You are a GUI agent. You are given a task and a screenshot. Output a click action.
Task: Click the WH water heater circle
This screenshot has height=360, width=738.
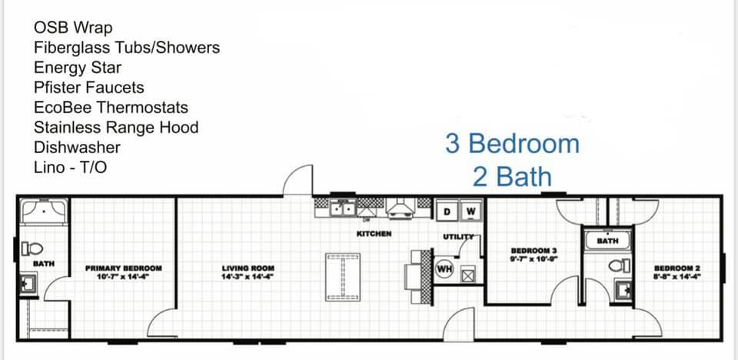click(x=443, y=270)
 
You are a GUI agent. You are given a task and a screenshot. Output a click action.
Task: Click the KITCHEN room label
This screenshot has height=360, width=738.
click(x=374, y=234)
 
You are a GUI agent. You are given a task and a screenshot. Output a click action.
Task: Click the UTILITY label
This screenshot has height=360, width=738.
click(x=458, y=237)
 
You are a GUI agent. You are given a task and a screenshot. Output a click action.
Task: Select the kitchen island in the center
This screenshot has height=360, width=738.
click(x=343, y=277)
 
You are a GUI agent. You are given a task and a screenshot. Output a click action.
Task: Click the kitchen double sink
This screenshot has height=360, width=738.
click(x=343, y=208)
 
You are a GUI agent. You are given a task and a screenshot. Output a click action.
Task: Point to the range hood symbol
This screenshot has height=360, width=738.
click(x=400, y=208)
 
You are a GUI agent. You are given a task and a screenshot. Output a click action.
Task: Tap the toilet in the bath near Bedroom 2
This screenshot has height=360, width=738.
click(x=620, y=265)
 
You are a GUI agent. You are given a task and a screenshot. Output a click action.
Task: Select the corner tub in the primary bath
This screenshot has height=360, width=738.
click(x=43, y=211)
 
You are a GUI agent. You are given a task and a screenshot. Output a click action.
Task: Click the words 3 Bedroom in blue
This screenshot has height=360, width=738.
click(x=513, y=144)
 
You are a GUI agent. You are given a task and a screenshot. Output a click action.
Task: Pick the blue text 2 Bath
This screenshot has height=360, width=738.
click(x=512, y=177)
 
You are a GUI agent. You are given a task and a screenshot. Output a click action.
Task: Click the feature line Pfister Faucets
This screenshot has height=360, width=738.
click(x=89, y=88)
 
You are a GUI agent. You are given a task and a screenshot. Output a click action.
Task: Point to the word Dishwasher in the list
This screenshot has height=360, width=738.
click(x=77, y=148)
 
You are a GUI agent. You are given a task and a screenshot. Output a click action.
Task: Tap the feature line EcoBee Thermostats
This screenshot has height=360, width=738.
click(x=111, y=108)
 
